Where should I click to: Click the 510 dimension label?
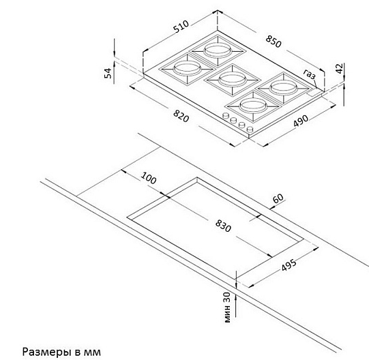click(x=181, y=27)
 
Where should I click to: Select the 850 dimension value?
click(x=274, y=42)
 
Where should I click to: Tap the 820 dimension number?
click(x=181, y=116)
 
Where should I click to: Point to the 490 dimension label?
click(x=301, y=121)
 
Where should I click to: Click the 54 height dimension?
click(x=108, y=73)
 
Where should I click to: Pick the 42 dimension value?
click(x=340, y=68)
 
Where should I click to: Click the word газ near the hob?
click(x=309, y=74)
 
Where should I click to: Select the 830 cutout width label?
click(x=223, y=226)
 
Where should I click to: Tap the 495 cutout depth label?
click(x=289, y=265)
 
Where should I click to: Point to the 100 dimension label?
click(x=149, y=178)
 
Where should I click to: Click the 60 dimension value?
click(x=278, y=198)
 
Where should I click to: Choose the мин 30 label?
click(x=227, y=307)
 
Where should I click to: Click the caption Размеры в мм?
click(x=61, y=352)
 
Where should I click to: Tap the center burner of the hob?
click(x=233, y=80)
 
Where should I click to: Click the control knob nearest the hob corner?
click(x=250, y=129)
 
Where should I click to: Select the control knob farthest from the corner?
click(x=226, y=115)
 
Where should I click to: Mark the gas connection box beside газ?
click(x=314, y=92)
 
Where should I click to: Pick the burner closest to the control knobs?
click(x=253, y=106)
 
